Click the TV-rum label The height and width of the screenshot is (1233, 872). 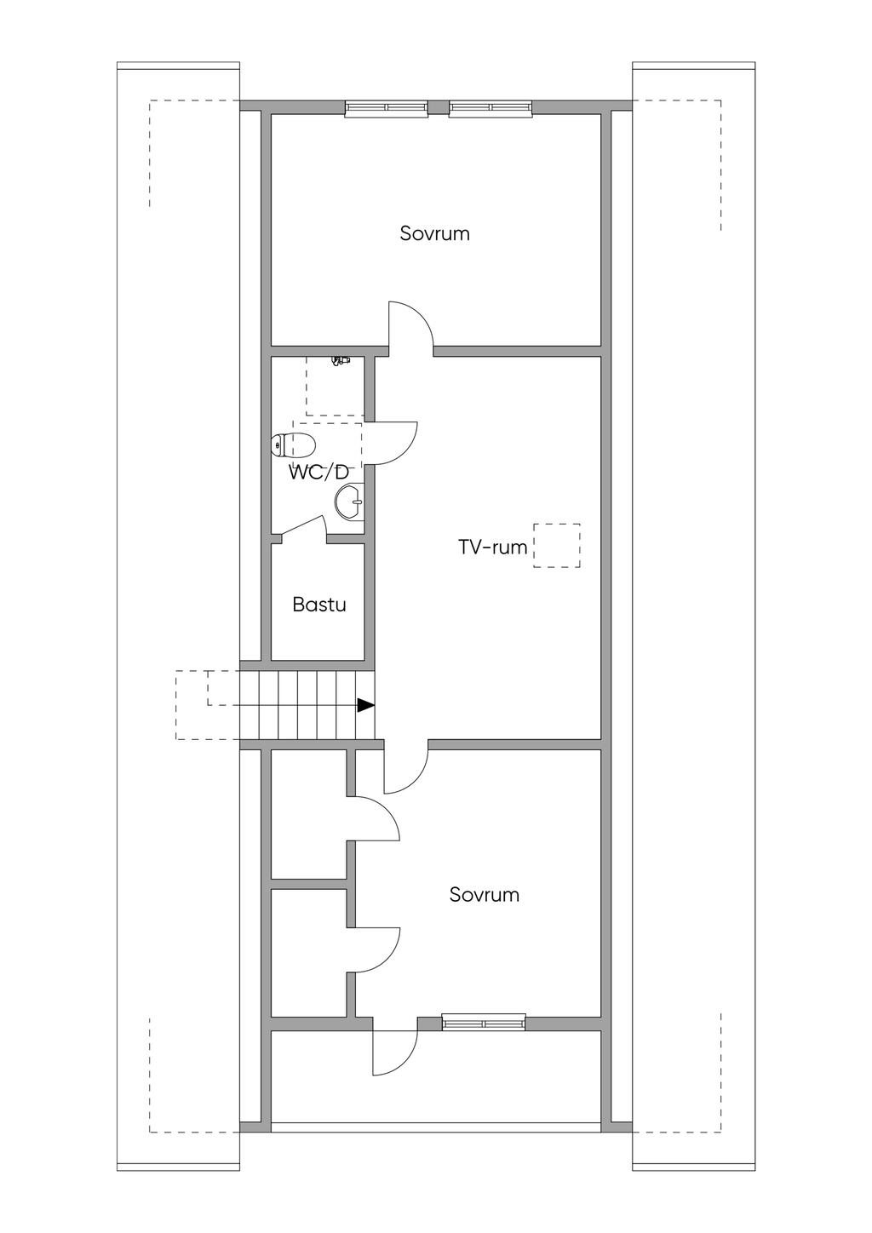pos(492,548)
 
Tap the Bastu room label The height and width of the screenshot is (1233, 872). pos(319,605)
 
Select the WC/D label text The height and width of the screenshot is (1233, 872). pos(318,473)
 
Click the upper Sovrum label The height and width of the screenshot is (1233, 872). pos(434,233)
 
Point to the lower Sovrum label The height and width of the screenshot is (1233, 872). pos(484,895)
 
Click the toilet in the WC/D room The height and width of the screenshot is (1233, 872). pos(294,444)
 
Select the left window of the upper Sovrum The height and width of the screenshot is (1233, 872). pos(386,107)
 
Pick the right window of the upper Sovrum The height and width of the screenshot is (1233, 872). pos(490,107)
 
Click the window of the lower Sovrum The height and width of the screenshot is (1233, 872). pos(483,1022)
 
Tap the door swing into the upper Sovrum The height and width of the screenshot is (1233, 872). pos(411,325)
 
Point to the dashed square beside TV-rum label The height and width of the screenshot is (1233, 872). pos(557,546)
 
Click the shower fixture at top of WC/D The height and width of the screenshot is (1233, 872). pos(341,361)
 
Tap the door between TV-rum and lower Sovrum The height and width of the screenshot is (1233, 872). pos(406,767)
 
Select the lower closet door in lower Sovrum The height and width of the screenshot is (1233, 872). pos(375,949)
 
